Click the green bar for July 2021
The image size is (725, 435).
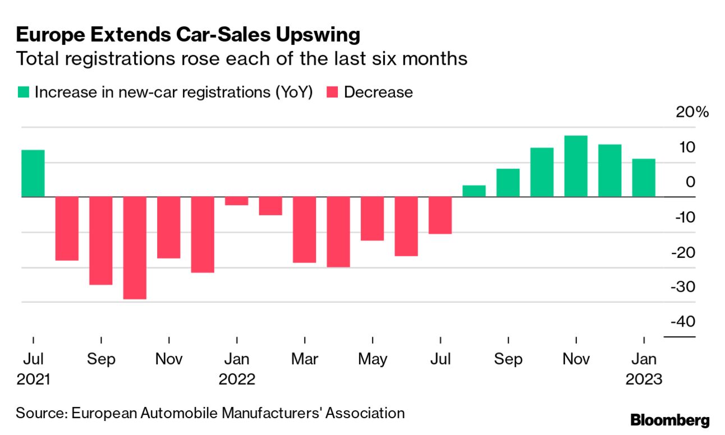coord(33,174)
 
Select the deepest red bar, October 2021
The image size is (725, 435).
coord(135,248)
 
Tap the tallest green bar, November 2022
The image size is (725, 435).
coord(576,166)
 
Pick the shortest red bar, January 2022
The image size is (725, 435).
coord(236,201)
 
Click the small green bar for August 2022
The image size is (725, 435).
coord(474,191)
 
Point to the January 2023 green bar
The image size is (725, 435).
coord(644,178)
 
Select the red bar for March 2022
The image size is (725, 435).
coord(304,230)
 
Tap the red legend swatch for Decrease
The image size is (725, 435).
coord(332,92)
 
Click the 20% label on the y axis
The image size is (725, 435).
coord(692,112)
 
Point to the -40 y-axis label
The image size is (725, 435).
coord(681,321)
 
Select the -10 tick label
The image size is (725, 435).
coord(681,217)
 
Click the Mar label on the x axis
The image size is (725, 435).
coord(304,359)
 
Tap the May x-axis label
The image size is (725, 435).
coord(372,359)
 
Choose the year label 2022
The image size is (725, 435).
coord(236,379)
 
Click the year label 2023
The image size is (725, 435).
coord(644,379)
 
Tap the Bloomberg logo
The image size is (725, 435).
coord(670,420)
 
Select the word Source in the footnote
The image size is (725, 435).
coord(40,414)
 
